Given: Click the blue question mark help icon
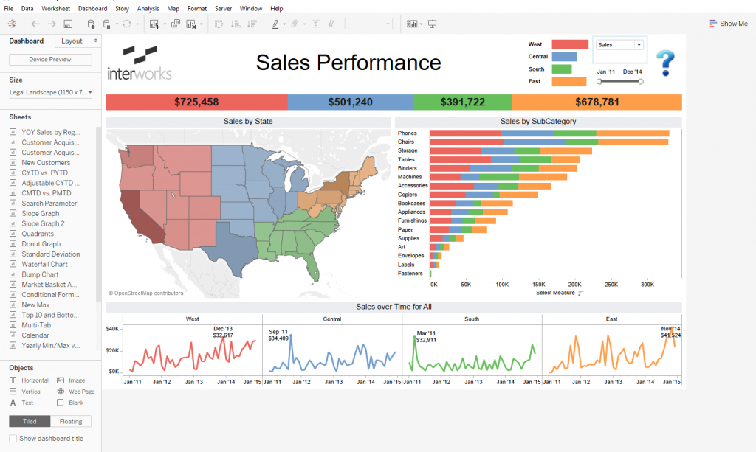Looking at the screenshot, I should point(665,63).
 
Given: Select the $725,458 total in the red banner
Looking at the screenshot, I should point(196,102).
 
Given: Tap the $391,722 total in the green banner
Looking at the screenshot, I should point(462,102).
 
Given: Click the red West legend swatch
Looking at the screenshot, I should point(569,44).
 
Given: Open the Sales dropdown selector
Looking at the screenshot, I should point(620,45).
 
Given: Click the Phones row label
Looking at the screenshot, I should point(407,133).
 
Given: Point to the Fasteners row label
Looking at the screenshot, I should point(410,273).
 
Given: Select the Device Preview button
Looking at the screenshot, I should point(50,60).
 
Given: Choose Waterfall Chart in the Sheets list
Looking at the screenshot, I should point(44,264).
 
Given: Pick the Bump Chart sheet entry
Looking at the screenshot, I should point(40,274).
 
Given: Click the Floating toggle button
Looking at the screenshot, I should point(71,421).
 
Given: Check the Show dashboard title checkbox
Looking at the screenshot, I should point(13,439).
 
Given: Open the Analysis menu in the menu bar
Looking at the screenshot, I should point(148,8).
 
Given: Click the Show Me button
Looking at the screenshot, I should point(728,24).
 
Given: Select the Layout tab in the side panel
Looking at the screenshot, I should point(72,41).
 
